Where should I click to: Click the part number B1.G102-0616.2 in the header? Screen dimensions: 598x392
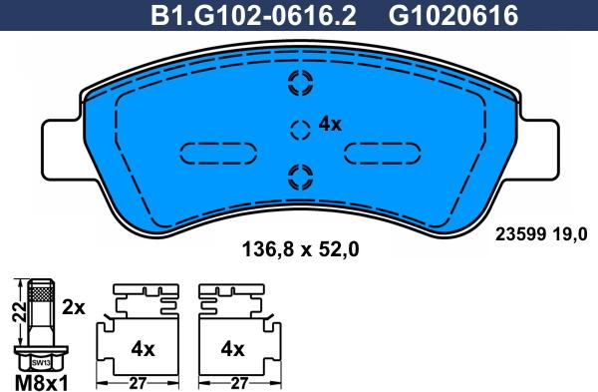tap(253, 16)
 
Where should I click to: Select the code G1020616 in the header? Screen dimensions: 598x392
tap(453, 16)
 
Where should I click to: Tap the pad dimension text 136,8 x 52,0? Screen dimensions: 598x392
tap(301, 250)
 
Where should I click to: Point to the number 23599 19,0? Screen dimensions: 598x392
tap(541, 234)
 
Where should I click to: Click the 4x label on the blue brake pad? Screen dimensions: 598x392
tap(330, 124)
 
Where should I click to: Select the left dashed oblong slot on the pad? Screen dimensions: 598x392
tap(218, 154)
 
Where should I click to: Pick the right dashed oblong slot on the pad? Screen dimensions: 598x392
tap(382, 154)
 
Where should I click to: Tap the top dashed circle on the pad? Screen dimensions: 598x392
tap(301, 83)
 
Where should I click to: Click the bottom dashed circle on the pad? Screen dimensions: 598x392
tap(301, 178)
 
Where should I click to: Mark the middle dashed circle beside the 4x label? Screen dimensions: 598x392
tap(300, 130)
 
